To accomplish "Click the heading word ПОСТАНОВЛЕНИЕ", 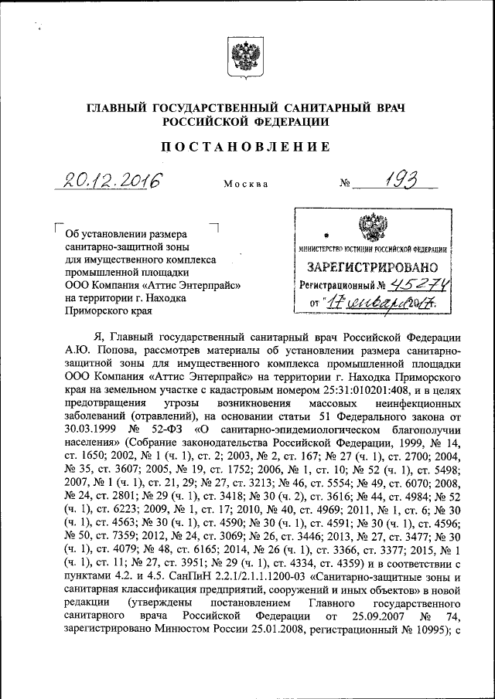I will click(247, 147).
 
